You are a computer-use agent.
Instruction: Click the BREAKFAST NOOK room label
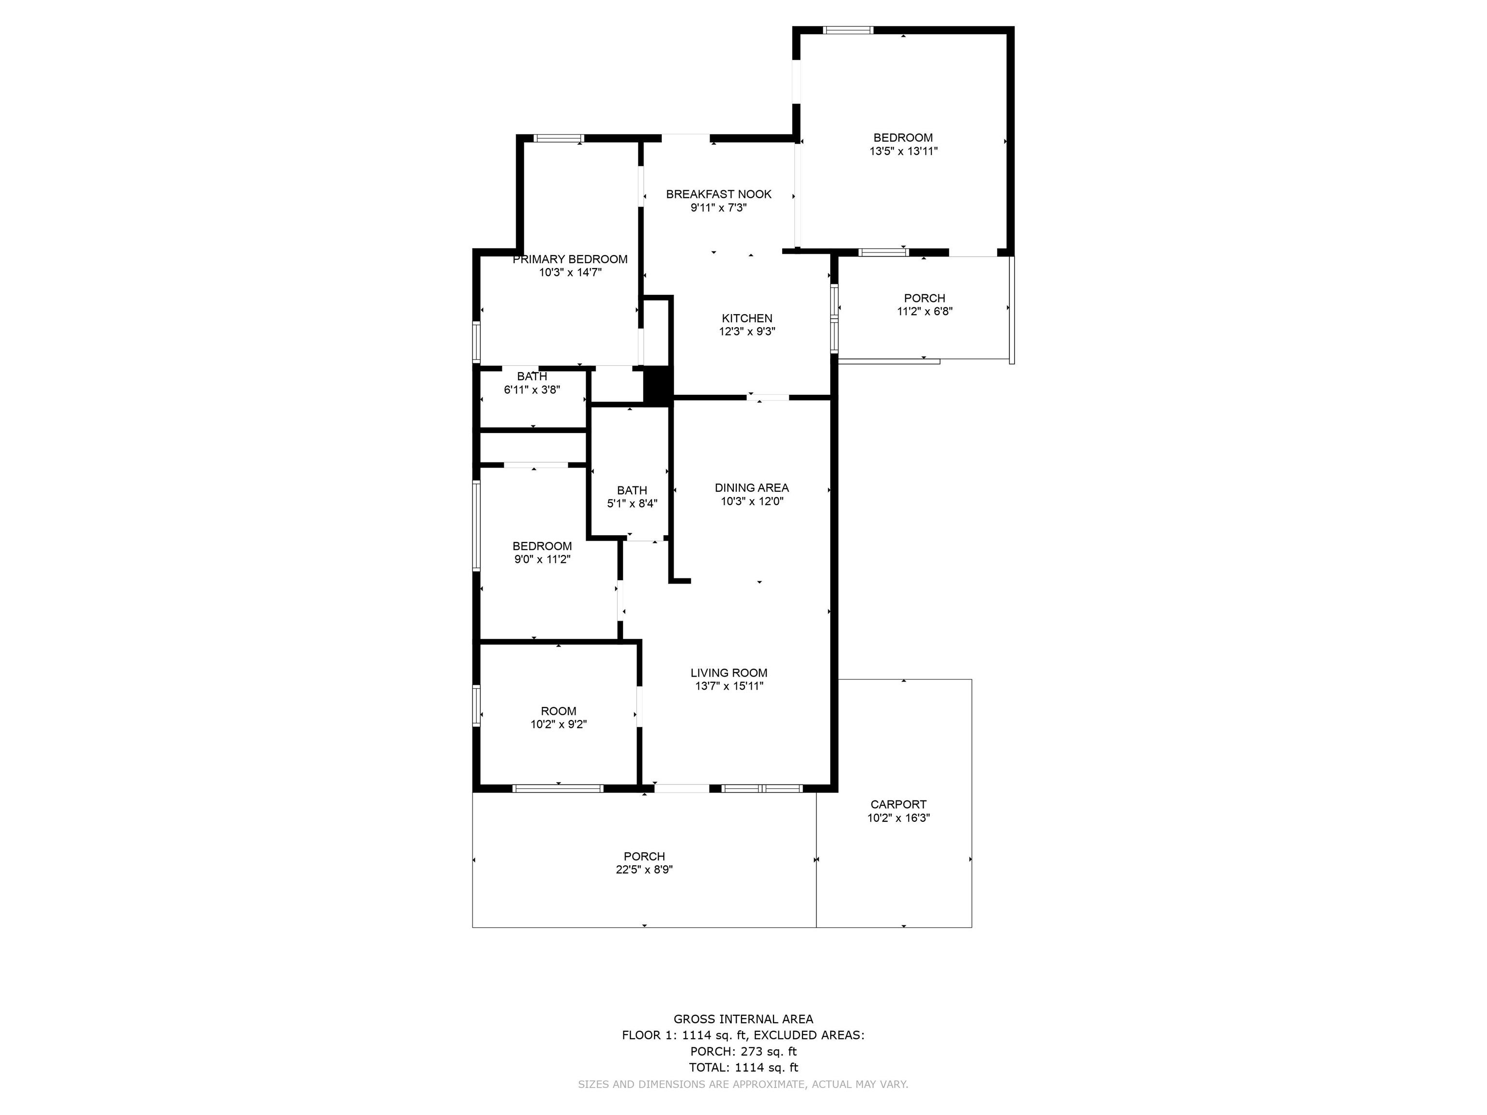[x=719, y=194]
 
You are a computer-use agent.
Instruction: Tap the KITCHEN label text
[x=747, y=318]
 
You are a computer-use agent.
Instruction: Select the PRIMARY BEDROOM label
[x=570, y=259]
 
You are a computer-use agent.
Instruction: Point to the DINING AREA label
[x=752, y=488]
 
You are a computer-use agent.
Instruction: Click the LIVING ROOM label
[x=728, y=673]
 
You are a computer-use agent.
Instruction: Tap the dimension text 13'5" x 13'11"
[x=904, y=151]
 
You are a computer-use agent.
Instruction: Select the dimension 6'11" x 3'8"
[x=532, y=390]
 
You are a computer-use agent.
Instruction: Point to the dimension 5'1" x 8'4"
[x=632, y=503]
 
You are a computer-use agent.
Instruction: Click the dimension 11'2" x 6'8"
[x=925, y=311]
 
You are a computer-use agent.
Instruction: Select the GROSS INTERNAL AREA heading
[x=743, y=1019]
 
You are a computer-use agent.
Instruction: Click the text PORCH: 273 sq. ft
[x=743, y=1051]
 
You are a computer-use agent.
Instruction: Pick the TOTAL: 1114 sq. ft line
[x=743, y=1067]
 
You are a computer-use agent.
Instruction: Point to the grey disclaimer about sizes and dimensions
[x=743, y=1084]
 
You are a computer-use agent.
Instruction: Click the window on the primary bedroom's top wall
[x=559, y=139]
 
